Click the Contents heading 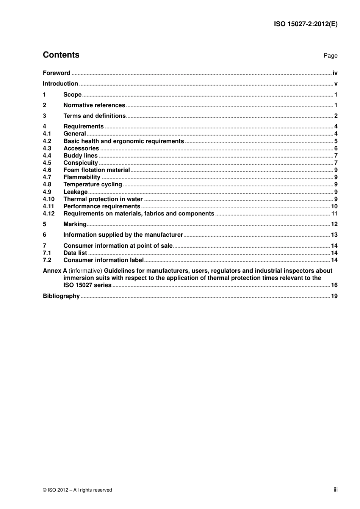[x=61, y=55]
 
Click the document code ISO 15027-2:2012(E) [x=305, y=24]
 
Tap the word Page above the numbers [x=330, y=56]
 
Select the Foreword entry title [x=56, y=73]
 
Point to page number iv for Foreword [x=335, y=73]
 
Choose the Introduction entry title [x=60, y=84]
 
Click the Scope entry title [x=72, y=95]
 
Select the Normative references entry [x=94, y=105]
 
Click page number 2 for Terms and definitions [x=336, y=116]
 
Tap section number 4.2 [x=47, y=141]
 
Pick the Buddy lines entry [x=80, y=156]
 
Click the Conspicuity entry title [x=80, y=163]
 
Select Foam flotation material [x=97, y=170]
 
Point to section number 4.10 [x=49, y=199]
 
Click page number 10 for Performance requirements [x=334, y=206]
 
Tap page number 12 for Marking [x=334, y=224]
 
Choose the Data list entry [x=75, y=253]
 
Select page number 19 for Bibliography [x=334, y=296]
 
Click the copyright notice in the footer [x=77, y=490]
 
